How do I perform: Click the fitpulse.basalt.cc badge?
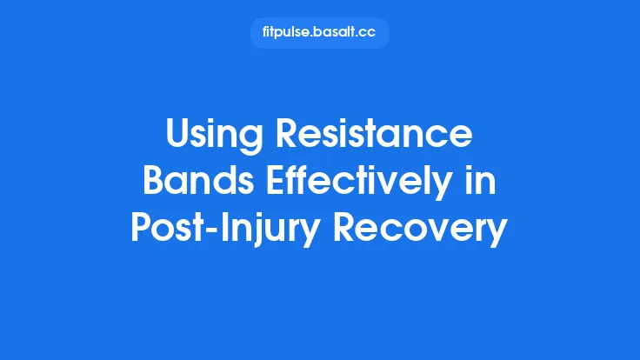[x=319, y=33]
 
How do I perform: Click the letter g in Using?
[x=250, y=140]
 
